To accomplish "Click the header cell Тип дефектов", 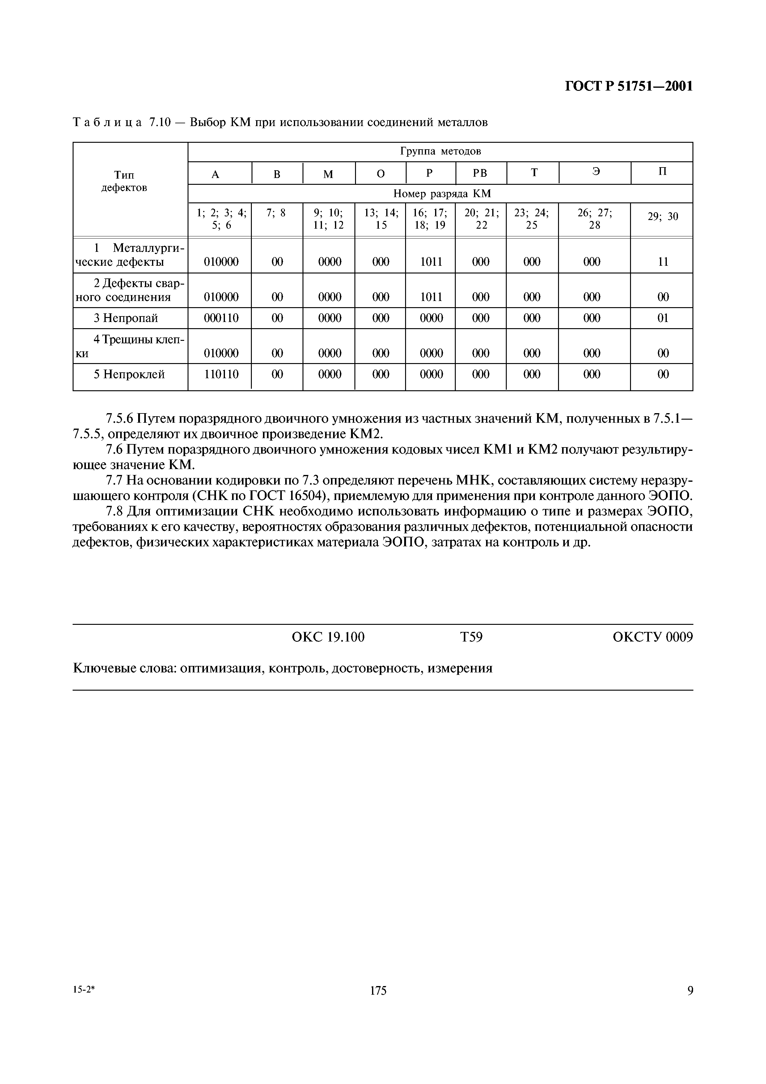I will click(x=125, y=181).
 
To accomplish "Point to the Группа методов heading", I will click(x=440, y=151).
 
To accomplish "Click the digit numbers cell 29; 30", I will click(x=662, y=217).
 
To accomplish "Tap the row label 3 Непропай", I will click(x=125, y=318).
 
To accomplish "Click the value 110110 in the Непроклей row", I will click(x=221, y=375).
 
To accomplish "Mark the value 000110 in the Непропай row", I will click(x=221, y=318).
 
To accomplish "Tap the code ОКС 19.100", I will click(x=328, y=637).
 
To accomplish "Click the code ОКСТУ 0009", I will click(x=653, y=637).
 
